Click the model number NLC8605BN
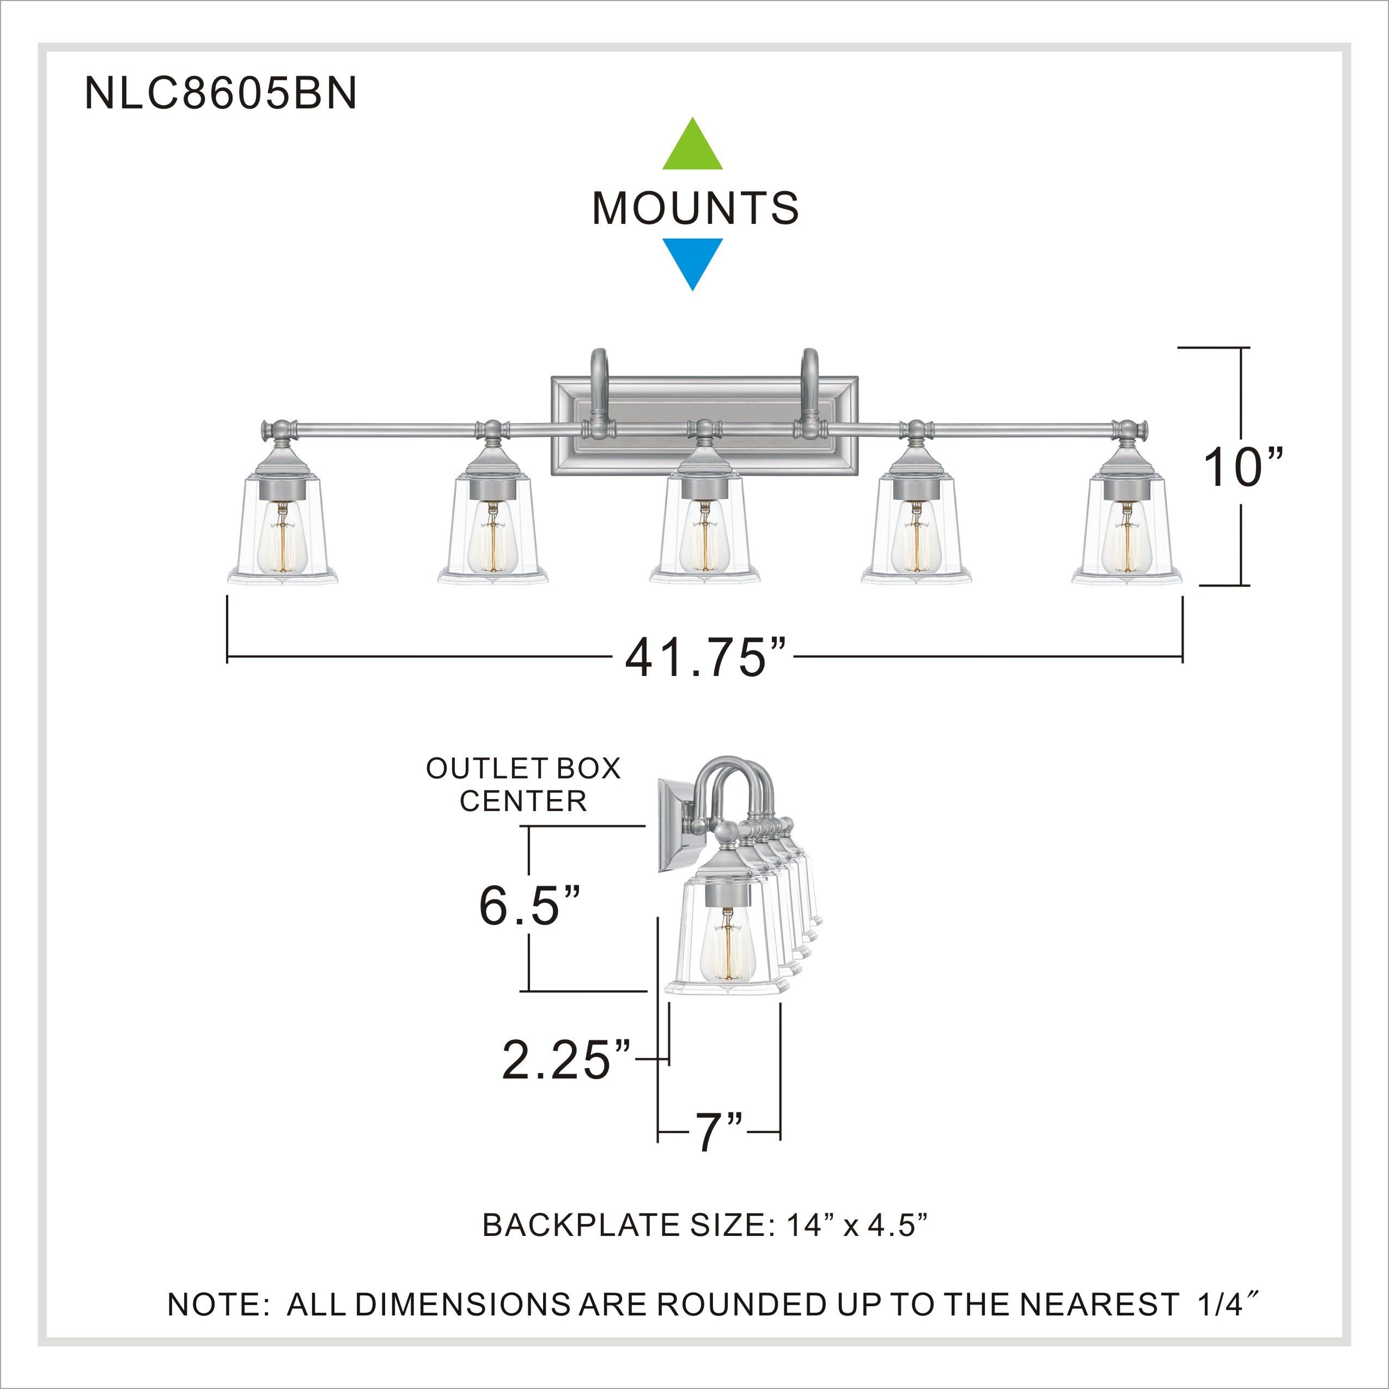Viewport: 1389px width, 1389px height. (221, 94)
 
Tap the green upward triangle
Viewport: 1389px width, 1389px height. (692, 148)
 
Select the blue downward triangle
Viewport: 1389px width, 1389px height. (692, 261)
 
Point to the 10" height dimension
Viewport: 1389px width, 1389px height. (1243, 467)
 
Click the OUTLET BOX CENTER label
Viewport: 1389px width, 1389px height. (523, 784)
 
